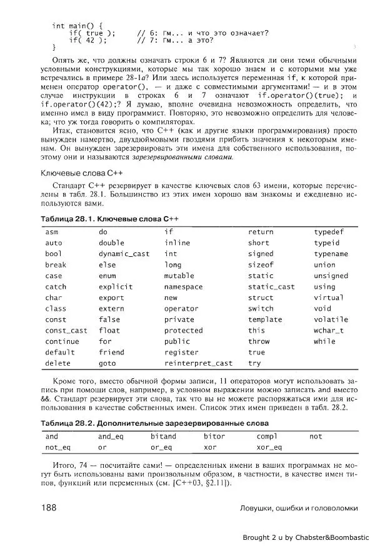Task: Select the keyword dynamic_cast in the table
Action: click(x=124, y=254)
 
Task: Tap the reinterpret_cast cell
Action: click(x=197, y=363)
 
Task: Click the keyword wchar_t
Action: click(x=329, y=330)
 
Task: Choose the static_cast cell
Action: click(x=271, y=287)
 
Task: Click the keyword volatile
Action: click(x=331, y=319)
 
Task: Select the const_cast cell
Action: click(x=66, y=330)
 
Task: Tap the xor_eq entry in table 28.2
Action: click(x=269, y=447)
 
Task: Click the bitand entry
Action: click(x=163, y=436)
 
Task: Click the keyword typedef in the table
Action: click(x=329, y=232)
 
